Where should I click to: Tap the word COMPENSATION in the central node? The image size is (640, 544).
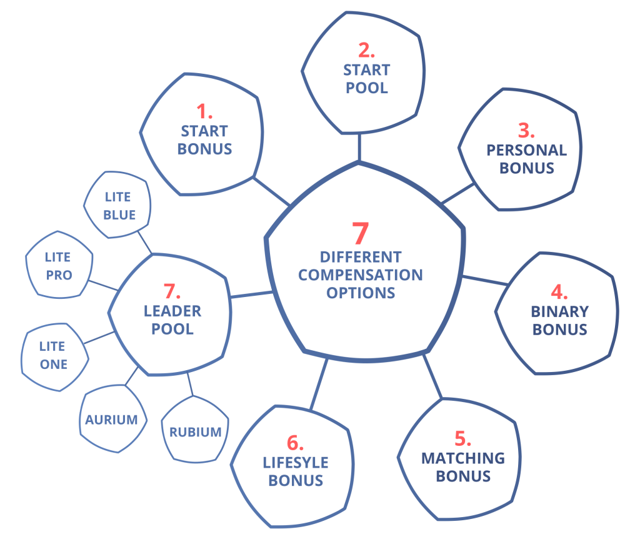point(361,275)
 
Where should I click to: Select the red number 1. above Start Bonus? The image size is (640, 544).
point(204,111)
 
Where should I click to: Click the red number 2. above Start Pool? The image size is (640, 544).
point(366,50)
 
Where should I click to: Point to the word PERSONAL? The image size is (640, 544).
point(526,150)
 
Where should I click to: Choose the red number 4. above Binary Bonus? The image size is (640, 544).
point(559,292)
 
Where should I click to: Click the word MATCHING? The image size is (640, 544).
point(463,458)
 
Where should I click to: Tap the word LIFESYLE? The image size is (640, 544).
point(296,463)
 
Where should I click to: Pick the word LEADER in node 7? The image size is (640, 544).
point(172,311)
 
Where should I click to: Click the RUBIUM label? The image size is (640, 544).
point(195,432)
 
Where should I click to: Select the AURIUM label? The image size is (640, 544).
point(111,420)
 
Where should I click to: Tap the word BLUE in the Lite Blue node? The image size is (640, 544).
point(119,215)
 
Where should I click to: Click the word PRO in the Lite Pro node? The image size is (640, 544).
point(59,275)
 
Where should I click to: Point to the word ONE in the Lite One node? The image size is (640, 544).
point(54,365)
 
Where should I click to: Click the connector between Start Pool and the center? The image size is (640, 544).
point(359,148)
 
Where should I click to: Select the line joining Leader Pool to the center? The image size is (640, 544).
point(251,295)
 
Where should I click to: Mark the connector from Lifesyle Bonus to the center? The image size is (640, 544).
point(319,384)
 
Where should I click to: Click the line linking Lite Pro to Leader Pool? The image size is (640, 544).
point(103,286)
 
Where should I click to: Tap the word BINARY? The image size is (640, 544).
point(559,311)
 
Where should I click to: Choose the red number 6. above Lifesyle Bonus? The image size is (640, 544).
point(295,443)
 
